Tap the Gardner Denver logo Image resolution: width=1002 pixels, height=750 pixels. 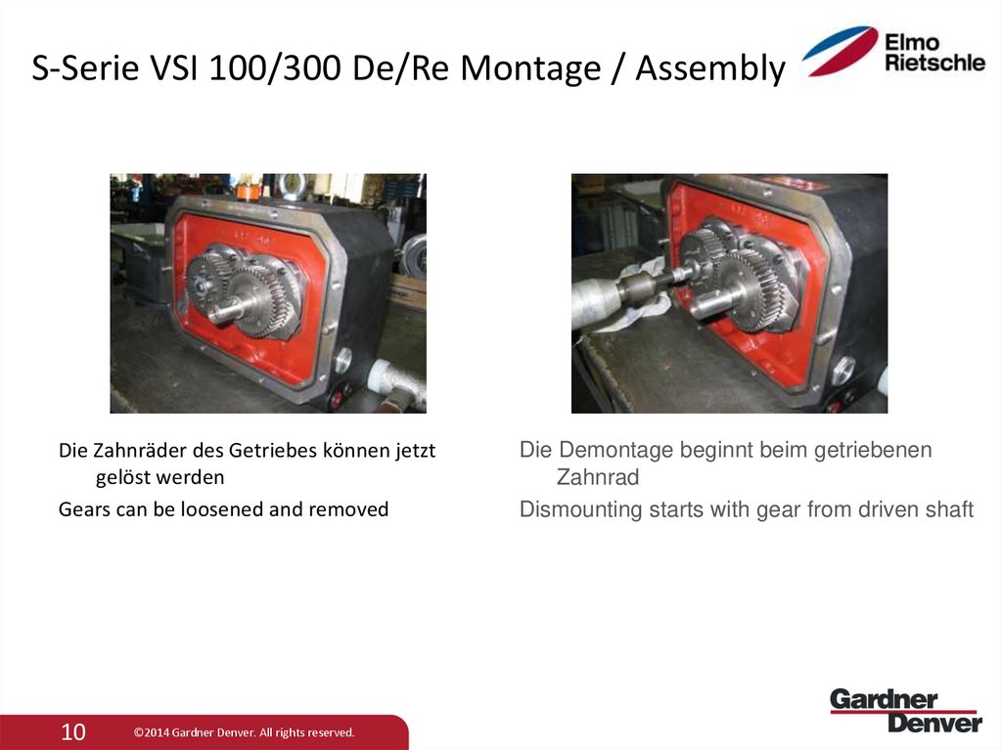pos(905,710)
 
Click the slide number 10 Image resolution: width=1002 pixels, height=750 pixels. pos(73,731)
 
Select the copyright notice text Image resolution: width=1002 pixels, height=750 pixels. pos(244,732)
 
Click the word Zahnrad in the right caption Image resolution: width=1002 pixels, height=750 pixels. pos(597,478)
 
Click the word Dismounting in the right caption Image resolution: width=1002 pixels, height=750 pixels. pos(580,509)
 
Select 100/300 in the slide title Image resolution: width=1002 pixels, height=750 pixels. pos(230,69)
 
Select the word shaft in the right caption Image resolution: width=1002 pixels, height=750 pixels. pos(949,509)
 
